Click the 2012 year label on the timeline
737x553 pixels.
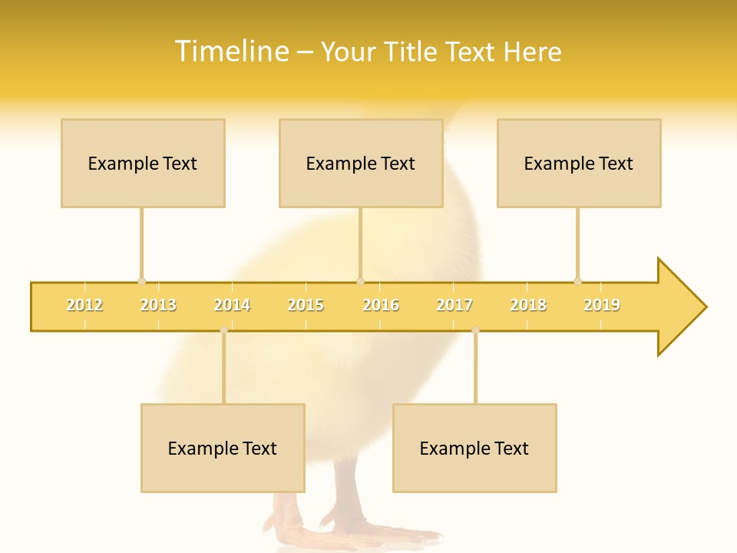[84, 305]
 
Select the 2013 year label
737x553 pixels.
[158, 305]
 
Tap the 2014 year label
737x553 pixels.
[232, 305]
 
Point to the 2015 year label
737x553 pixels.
[306, 305]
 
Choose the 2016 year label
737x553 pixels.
[381, 305]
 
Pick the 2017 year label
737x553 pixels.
[454, 305]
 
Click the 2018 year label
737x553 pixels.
[528, 305]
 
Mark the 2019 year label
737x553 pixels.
[602, 305]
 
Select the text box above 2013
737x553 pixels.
[143, 163]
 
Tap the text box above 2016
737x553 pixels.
[361, 163]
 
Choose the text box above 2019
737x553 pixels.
[579, 163]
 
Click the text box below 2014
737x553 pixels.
[223, 448]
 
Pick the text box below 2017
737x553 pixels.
[474, 448]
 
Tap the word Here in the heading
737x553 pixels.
[532, 51]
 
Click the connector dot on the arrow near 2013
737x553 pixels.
[141, 281]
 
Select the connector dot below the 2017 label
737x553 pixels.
[475, 330]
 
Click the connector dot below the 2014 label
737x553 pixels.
[223, 330]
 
